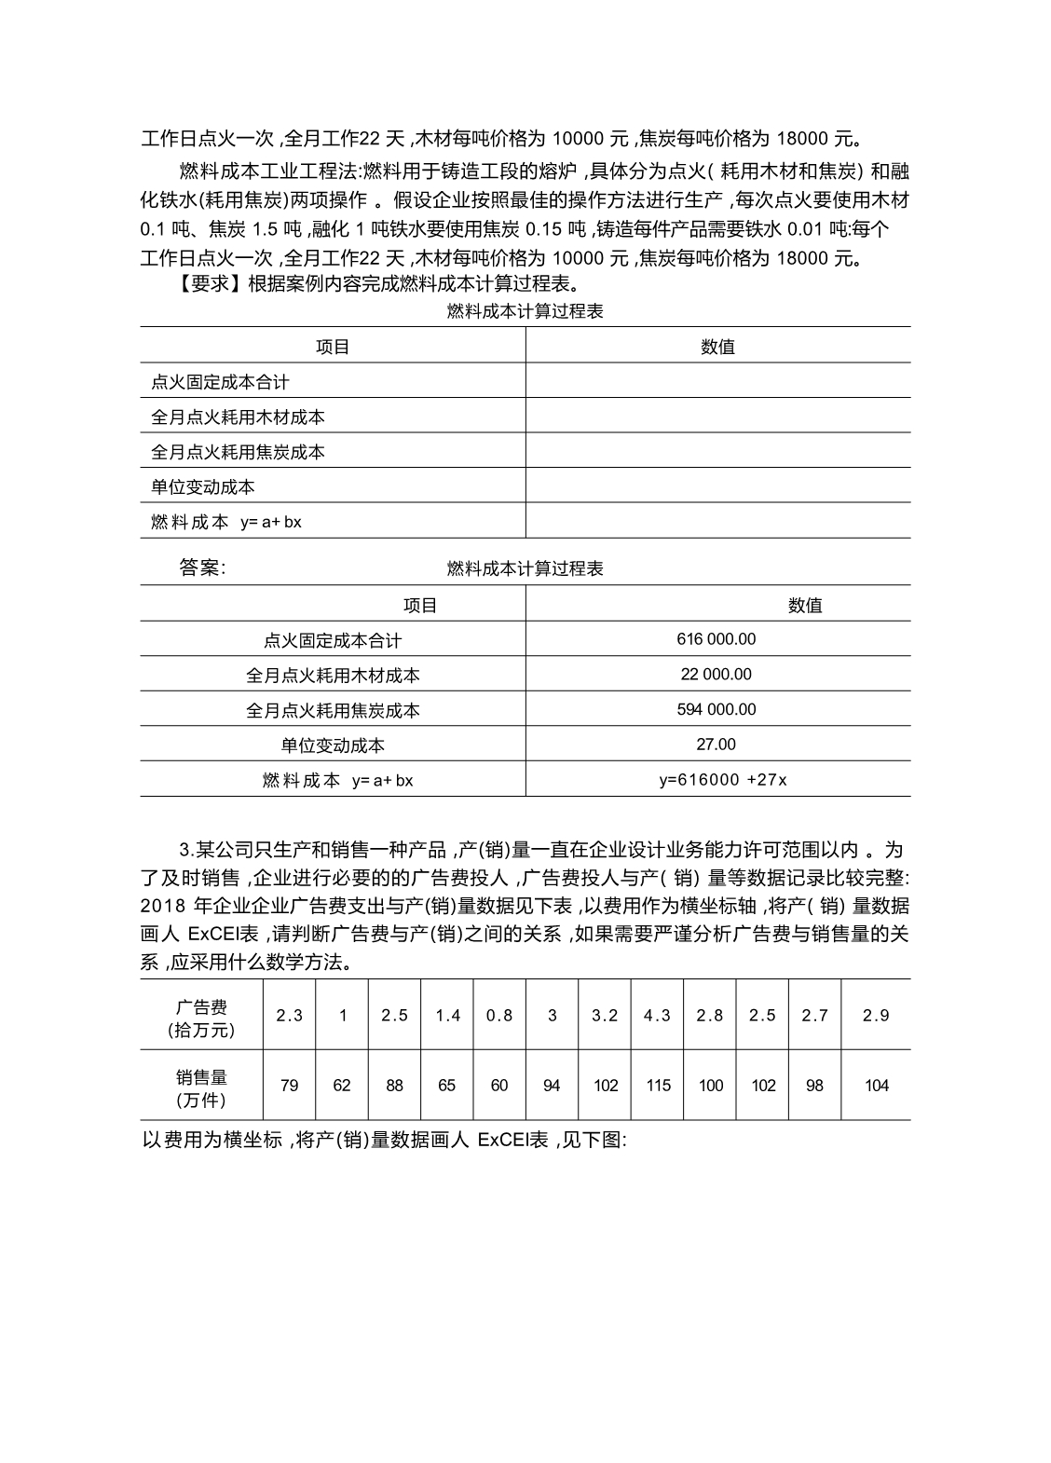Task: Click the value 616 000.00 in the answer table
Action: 716,639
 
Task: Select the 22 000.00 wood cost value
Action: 716,674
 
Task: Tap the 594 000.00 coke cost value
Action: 716,709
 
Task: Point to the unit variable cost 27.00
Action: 716,744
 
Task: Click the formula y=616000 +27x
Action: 722,780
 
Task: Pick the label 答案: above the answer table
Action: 202,567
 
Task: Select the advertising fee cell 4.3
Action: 657,1015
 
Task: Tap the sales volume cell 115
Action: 658,1086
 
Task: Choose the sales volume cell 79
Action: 289,1086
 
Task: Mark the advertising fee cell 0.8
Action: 499,1015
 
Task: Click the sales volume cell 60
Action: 499,1086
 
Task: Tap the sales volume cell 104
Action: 876,1086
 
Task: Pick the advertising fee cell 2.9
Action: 876,1015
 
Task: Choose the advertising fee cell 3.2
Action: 605,1015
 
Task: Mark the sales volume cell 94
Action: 552,1086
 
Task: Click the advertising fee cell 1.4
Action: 447,1015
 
